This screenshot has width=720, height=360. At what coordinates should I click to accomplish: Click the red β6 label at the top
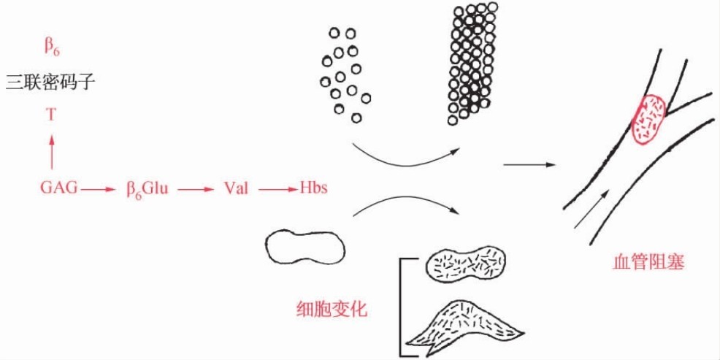(x=52, y=49)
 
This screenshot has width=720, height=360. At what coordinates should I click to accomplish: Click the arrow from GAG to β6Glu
(x=98, y=189)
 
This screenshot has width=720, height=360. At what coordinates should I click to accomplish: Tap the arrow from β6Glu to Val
(x=195, y=189)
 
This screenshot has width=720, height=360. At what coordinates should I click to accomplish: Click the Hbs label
(x=313, y=188)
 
